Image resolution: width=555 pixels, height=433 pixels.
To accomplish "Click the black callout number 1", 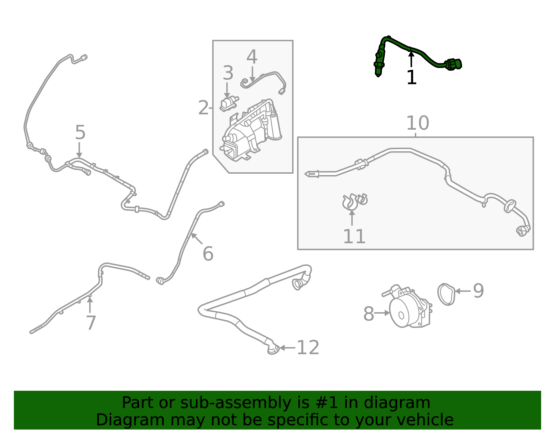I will pos(411,77).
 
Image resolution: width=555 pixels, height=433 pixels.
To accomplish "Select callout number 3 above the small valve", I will pos(228,73).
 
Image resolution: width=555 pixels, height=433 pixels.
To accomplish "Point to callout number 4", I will pos(252,57).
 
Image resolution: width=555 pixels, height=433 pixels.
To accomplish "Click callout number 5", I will pos(80,132).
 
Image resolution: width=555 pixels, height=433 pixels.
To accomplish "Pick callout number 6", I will pos(208,254).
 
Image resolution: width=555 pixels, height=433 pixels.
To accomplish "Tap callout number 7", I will pos(91,323).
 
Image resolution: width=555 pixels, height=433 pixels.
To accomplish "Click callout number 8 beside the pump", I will pos(368,314).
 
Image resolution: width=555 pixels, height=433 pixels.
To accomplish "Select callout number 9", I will pos(478,291).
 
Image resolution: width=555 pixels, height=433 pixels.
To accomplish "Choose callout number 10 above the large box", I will pos(417,123).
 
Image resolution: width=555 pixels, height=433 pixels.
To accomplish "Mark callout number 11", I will pos(354,236).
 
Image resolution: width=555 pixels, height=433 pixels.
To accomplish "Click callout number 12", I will pos(308,347).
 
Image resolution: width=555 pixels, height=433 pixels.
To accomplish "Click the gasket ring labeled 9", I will pos(446,294).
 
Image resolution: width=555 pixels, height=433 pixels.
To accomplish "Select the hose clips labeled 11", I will pos(354,201).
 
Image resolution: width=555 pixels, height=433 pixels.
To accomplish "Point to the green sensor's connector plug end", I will pos(454,64).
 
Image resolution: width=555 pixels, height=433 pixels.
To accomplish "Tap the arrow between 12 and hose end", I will pos(287,347).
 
